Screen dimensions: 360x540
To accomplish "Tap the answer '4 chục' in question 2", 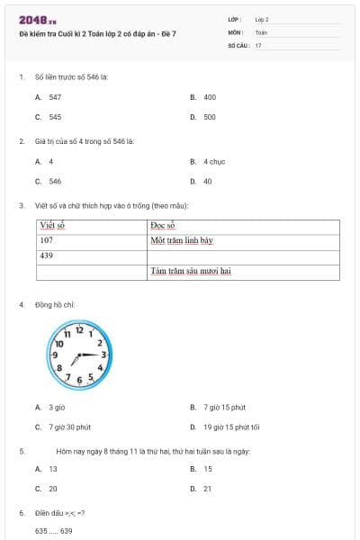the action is click(213, 161).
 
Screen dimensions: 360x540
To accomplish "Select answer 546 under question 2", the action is click(55, 181).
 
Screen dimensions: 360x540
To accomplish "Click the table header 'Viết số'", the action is click(54, 226).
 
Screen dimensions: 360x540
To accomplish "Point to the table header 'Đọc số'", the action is click(162, 226).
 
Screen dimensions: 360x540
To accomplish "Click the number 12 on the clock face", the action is click(79, 330).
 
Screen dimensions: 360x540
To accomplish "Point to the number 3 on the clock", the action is click(103, 355).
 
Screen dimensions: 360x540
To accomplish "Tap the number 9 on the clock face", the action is click(55, 355).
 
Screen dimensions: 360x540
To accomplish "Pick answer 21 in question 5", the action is click(208, 489).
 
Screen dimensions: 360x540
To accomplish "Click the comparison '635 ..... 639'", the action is click(54, 531).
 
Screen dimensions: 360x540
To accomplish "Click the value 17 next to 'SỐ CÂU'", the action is click(259, 45).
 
